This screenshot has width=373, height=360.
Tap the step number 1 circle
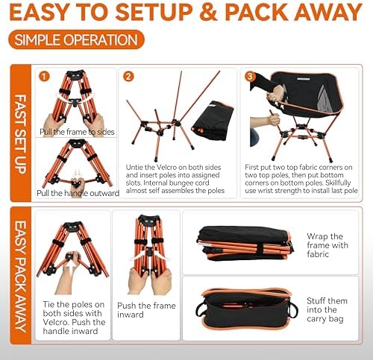click(x=46, y=76)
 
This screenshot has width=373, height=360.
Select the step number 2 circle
click(x=129, y=76)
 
